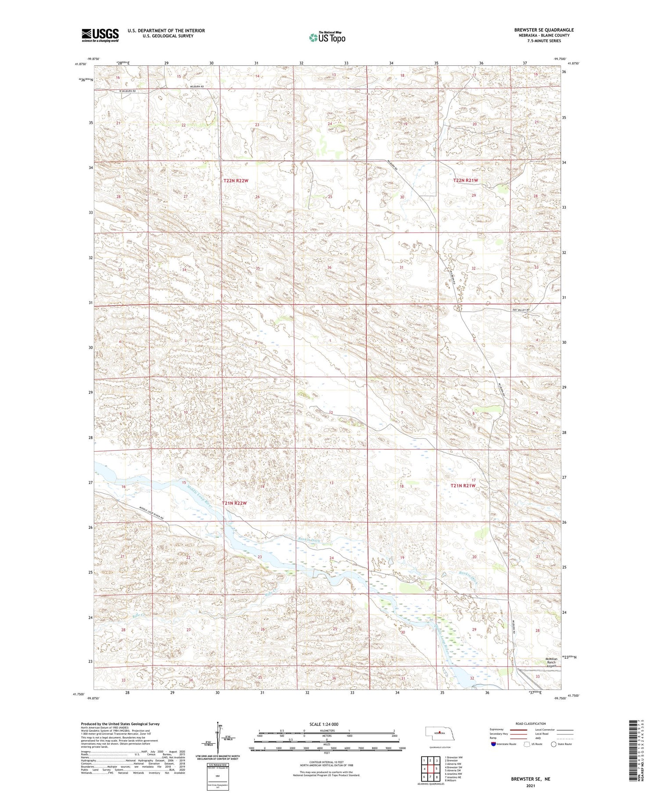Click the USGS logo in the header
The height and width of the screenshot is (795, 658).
pos(100,35)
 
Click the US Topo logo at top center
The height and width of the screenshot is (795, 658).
pos(327,38)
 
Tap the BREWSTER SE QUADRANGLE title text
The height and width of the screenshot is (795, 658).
pos(544,30)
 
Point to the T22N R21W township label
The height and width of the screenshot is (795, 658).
pos(465,181)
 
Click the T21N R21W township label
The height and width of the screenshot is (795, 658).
pos(463,486)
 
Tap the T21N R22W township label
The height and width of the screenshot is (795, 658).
pos(234,503)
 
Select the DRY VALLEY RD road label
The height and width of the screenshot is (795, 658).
pos(521,310)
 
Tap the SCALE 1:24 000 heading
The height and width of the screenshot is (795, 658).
pos(324,724)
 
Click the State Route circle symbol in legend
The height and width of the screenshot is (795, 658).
pos(554,744)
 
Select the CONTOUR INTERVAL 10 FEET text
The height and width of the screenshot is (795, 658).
pos(326,763)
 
